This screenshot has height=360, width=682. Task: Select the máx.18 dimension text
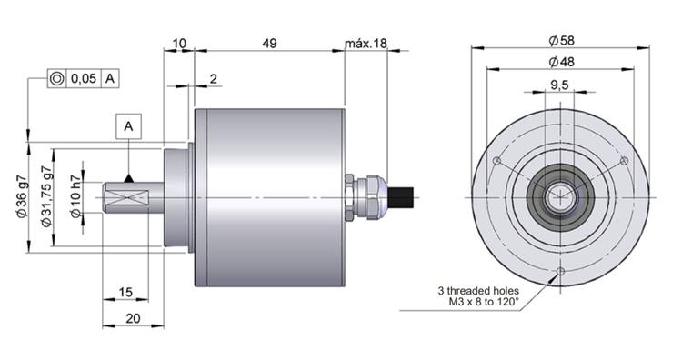[366, 44]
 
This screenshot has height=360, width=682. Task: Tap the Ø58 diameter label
[560, 41]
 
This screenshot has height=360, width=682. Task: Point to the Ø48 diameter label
[560, 62]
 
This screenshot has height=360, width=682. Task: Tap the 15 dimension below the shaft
[127, 292]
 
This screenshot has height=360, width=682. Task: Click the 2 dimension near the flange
[213, 79]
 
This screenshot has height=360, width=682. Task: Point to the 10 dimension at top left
[178, 44]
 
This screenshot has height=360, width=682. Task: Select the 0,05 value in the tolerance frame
[83, 79]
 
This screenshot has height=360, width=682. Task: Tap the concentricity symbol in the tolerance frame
[56, 79]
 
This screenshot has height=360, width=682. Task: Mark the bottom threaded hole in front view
[560, 271]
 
